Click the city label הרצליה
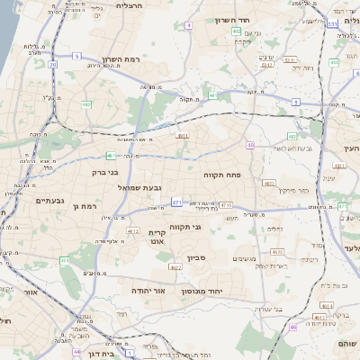[x=130, y=6]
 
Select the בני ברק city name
[x=105, y=171]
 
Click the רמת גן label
[x=85, y=207]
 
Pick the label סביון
[x=197, y=258]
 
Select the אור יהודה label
[x=147, y=291]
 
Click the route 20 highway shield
[x=53, y=65]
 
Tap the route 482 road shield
[x=86, y=104]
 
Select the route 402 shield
[x=236, y=31]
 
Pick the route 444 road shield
[x=333, y=62]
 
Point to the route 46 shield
[x=292, y=328]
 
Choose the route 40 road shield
[x=212, y=94]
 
